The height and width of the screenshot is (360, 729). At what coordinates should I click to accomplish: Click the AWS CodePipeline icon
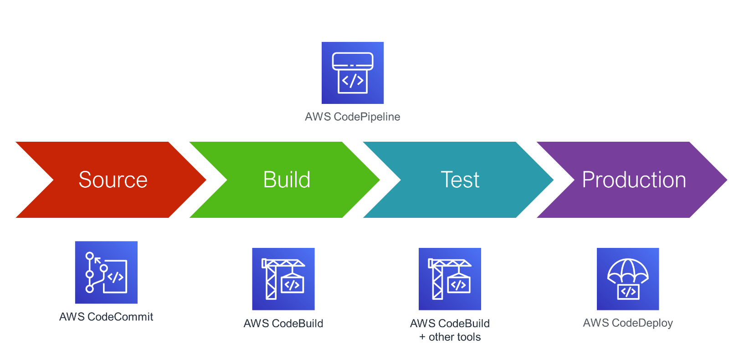click(x=353, y=73)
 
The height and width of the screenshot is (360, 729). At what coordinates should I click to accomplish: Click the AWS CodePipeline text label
click(x=352, y=117)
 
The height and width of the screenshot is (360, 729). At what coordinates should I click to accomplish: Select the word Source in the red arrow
click(x=113, y=180)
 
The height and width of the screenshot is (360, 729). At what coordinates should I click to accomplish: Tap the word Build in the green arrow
click(x=287, y=180)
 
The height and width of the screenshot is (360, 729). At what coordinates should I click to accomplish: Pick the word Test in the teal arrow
click(x=460, y=180)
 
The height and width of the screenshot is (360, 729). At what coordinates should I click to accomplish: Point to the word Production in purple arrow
click(x=634, y=180)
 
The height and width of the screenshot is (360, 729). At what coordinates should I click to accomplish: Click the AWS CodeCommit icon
click(x=106, y=273)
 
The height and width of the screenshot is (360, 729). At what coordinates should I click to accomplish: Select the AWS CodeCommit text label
click(x=106, y=317)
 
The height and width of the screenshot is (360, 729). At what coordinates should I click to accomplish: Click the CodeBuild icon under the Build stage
click(x=283, y=279)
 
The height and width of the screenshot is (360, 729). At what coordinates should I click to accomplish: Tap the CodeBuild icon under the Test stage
click(x=450, y=279)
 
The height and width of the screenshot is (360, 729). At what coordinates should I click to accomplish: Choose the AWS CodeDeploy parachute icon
click(x=628, y=279)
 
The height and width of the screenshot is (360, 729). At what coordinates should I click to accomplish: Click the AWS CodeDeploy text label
click(x=628, y=323)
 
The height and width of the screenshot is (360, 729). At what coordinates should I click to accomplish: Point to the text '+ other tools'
click(x=450, y=337)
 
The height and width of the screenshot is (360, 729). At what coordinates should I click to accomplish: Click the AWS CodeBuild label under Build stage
click(x=283, y=324)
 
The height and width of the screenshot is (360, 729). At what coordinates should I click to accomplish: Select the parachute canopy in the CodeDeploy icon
click(x=628, y=270)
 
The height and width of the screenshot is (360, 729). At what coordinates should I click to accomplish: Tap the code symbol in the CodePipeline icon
click(x=353, y=81)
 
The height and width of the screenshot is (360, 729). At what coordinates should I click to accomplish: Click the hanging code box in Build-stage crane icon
click(x=292, y=285)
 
